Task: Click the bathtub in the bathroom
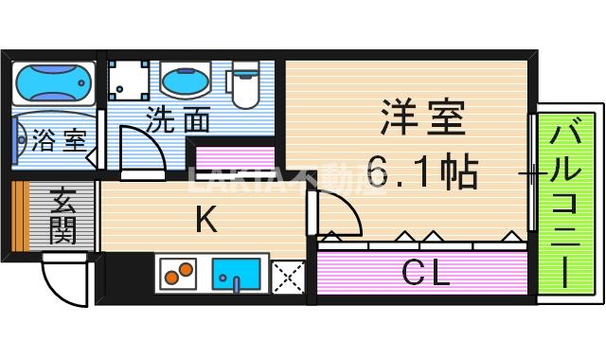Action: [54, 83]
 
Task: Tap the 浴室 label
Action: [58, 143]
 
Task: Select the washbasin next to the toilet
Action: [186, 81]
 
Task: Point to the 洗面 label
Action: [177, 120]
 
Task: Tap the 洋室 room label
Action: [422, 120]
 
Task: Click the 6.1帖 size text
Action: [422, 171]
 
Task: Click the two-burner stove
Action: [175, 273]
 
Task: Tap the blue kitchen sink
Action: [236, 273]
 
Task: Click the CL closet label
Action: [425, 274]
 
